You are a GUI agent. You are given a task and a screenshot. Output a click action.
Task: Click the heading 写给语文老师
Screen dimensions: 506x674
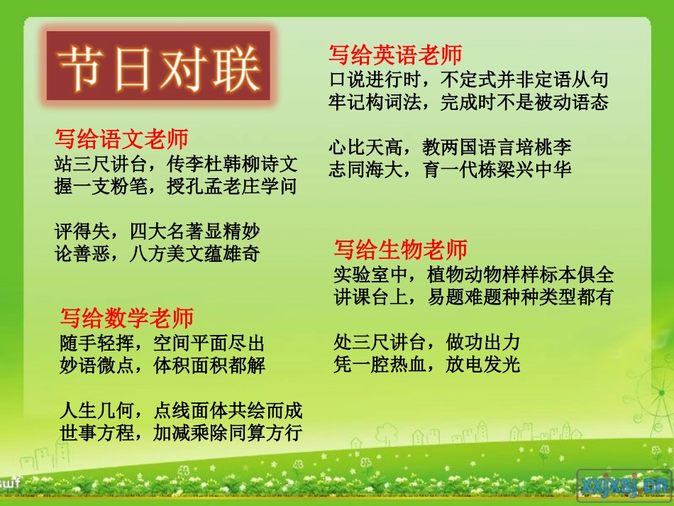121,139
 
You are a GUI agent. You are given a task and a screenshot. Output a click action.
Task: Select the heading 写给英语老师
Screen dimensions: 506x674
395,55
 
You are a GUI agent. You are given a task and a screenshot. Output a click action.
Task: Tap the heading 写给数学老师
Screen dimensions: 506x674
127,317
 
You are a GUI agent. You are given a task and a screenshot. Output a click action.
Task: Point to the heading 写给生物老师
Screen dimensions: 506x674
401,250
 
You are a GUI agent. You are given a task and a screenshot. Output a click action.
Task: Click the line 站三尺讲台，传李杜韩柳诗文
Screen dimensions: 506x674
176,165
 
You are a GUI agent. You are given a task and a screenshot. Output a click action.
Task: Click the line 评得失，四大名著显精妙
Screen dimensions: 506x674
158,231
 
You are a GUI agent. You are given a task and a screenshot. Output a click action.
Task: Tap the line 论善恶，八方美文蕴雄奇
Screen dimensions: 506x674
158,253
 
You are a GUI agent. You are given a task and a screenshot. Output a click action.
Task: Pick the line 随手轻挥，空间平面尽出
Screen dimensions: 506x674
162,343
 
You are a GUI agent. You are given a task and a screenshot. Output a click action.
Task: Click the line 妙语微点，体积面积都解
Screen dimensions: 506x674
162,365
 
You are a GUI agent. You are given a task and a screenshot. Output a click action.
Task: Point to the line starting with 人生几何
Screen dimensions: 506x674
181,410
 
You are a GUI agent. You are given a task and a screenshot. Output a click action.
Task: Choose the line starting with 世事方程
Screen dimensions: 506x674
181,432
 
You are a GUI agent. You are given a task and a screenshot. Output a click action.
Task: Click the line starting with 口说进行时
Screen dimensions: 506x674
469,79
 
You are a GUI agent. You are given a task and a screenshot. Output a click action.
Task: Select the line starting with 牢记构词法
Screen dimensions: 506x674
469,101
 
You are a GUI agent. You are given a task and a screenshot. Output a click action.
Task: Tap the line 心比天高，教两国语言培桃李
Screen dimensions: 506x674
451,148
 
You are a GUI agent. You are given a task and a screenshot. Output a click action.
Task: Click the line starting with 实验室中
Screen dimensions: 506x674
474,275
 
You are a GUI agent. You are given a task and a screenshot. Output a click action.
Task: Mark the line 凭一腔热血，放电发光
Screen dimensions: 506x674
427,365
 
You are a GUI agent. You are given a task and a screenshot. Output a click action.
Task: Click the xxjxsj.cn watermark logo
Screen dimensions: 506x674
624,484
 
